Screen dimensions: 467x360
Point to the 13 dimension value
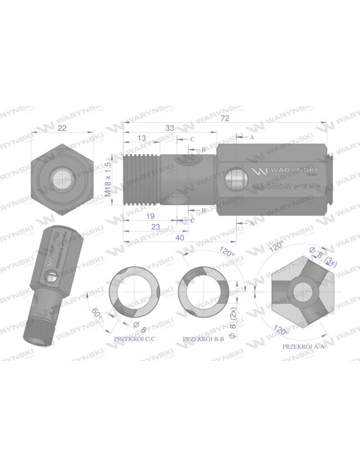point(141,137)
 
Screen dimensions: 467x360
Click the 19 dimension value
point(150,215)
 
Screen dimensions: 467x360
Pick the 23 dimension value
point(155,226)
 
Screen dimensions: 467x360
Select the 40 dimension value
point(179,237)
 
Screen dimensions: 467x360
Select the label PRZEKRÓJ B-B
point(203,339)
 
